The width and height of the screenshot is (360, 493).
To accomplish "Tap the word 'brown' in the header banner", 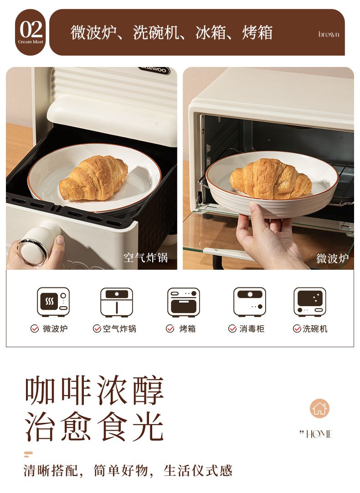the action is coord(329,34).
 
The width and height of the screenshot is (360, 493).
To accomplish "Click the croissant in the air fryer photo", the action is coord(94,178).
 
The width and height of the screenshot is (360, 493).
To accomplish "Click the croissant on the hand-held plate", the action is coord(271,179).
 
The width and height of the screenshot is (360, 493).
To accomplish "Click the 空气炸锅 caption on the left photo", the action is coord(145,257).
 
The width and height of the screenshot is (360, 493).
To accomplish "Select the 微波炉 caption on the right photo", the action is coord(332,258).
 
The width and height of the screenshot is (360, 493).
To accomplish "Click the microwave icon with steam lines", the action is coord(53,302).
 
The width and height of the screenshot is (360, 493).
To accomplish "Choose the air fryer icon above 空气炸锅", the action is coord(117,302).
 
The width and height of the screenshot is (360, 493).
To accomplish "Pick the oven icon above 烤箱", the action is coord(184,302).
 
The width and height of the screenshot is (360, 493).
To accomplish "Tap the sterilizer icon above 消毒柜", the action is coord(250,302).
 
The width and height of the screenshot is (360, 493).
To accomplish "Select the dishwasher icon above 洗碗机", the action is coord(310,302).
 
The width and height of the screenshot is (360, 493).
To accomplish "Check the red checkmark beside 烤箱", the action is coord(170,329).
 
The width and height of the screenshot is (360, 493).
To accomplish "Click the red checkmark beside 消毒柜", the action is coord(232,329).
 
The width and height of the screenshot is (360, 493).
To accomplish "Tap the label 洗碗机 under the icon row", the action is coord(315,329).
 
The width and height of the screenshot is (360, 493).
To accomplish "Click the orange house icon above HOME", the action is coord(319,408).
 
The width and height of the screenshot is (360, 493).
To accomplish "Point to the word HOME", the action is coord(319,434).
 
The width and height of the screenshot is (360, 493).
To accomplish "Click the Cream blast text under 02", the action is coord(31,42).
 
